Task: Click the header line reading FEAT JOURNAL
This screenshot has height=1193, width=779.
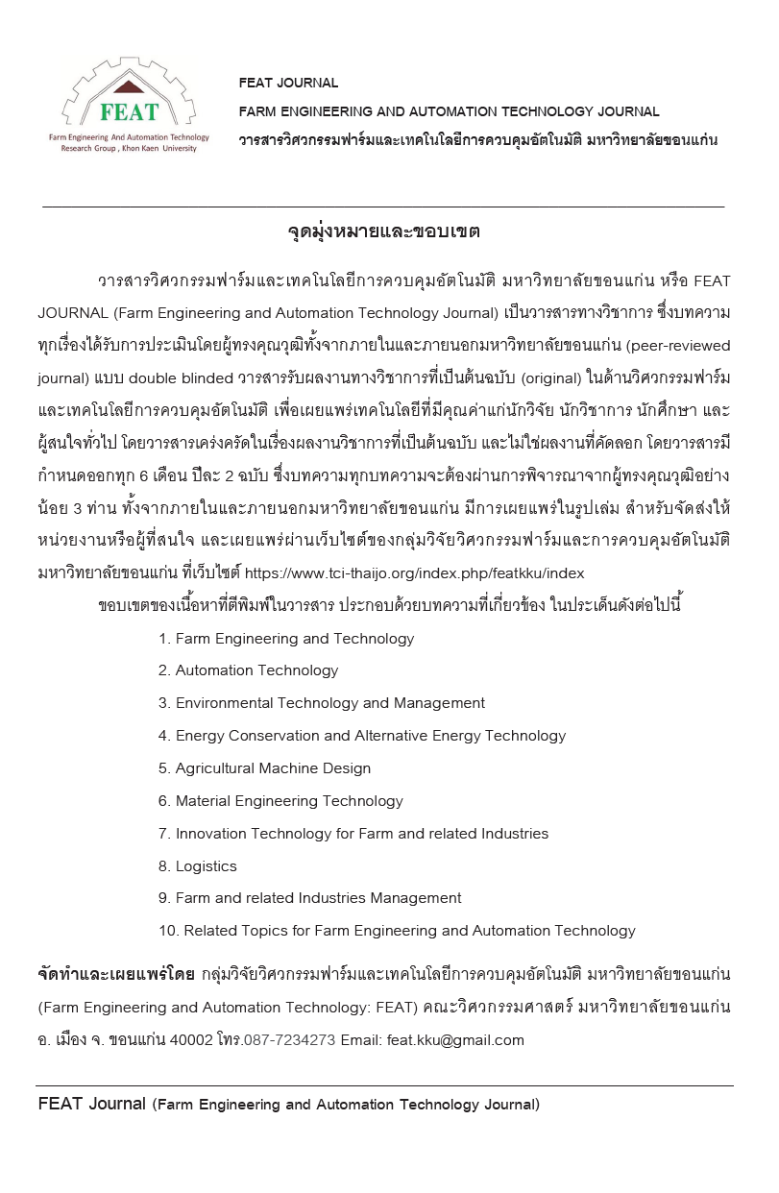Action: tap(288, 83)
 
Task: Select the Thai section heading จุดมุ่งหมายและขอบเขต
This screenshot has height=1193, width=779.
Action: tap(383, 231)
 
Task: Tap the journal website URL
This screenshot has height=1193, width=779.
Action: tap(414, 573)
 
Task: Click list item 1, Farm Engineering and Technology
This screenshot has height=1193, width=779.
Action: tap(286, 639)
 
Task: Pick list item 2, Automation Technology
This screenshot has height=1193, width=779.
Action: tap(248, 670)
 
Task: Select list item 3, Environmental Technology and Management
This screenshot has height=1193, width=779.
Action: tap(322, 703)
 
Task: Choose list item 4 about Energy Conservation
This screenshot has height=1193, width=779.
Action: tap(362, 736)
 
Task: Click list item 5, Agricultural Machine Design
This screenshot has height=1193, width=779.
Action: tap(264, 768)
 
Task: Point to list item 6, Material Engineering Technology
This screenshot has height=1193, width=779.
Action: tap(280, 801)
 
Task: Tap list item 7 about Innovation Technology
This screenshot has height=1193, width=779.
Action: tap(353, 834)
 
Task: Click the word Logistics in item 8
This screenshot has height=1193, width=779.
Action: tap(206, 866)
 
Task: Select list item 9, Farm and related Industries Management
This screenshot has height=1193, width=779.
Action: tap(309, 898)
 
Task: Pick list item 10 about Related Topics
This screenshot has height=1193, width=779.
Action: tap(397, 931)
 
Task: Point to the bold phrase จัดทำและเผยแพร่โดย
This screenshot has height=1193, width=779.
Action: tap(115, 975)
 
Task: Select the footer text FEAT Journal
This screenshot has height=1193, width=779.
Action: tap(91, 1104)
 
